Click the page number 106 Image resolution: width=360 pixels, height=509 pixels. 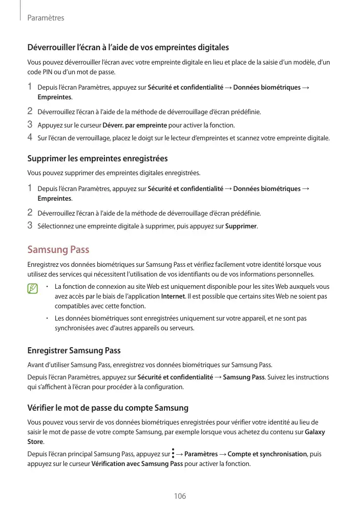[x=180, y=496]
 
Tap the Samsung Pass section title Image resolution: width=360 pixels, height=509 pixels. [x=58, y=250]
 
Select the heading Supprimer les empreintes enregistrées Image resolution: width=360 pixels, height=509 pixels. [x=97, y=159]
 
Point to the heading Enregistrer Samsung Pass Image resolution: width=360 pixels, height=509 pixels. [x=74, y=351]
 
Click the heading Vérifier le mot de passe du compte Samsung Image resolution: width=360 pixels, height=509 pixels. [x=108, y=408]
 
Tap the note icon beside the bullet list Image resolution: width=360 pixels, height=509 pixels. [x=33, y=289]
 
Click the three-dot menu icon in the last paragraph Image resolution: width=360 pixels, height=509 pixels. [x=174, y=454]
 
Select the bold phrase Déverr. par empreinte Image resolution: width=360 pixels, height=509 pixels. [x=135, y=125]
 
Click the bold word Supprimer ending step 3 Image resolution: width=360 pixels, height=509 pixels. [x=241, y=225]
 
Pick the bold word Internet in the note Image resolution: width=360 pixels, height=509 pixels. [x=170, y=296]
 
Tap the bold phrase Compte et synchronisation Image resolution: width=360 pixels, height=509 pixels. [x=267, y=454]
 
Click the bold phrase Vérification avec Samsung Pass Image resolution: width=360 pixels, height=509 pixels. [x=137, y=464]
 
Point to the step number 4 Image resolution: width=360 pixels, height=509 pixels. [x=30, y=137]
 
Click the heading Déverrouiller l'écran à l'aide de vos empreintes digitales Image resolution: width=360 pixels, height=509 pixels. [x=128, y=48]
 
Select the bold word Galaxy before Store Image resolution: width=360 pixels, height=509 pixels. [x=314, y=432]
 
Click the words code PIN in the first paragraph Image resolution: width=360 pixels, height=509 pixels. [x=40, y=72]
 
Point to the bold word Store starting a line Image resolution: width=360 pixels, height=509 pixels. [x=35, y=442]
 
